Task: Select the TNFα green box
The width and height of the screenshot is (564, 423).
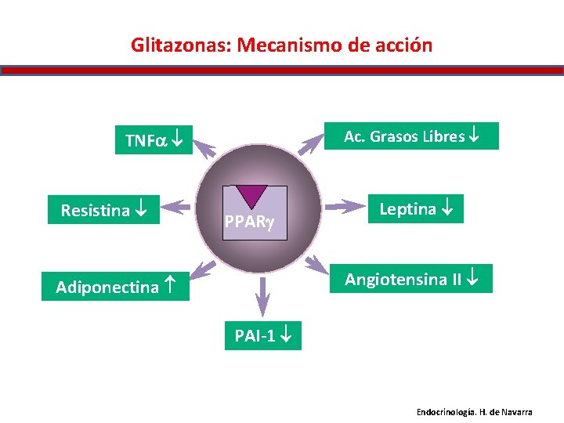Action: point(154,140)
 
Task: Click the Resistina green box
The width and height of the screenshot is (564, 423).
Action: point(103,210)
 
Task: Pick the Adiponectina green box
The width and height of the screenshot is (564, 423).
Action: point(117,287)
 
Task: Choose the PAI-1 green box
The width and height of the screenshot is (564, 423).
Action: point(262,336)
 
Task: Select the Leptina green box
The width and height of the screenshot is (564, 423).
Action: point(418,208)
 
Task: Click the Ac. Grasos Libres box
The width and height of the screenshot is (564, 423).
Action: point(411,136)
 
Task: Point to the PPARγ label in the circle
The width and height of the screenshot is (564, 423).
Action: point(248,222)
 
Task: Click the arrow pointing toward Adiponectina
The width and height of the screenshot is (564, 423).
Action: point(204,267)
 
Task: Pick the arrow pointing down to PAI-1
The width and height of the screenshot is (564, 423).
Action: point(262,297)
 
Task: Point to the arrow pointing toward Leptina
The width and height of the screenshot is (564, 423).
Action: point(343,207)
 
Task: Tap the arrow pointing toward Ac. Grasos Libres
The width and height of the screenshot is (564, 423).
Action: point(312,144)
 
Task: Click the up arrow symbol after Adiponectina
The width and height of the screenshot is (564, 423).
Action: point(175,287)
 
